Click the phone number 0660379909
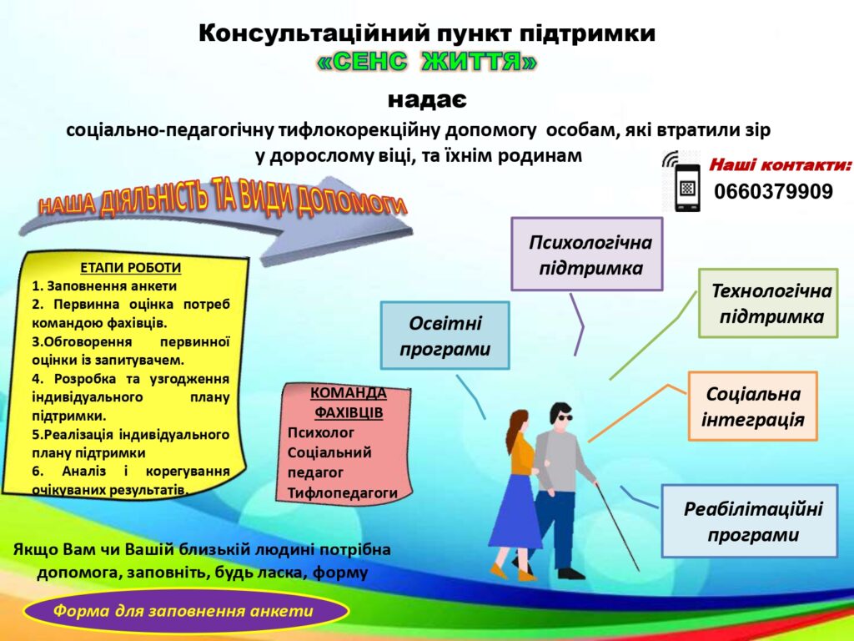pyautogui.click(x=773, y=192)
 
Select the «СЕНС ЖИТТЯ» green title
pyautogui.click(x=426, y=62)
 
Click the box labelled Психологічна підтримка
pyautogui.click(x=586, y=254)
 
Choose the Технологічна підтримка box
pyautogui.click(x=768, y=303)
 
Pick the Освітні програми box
pyautogui.click(x=445, y=336)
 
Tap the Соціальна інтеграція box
pyautogui.click(x=753, y=406)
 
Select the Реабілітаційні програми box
pyautogui.click(x=750, y=521)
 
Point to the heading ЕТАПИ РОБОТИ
pyautogui.click(x=131, y=268)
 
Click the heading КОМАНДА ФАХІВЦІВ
pyautogui.click(x=349, y=402)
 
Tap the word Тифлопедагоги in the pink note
pyautogui.click(x=343, y=492)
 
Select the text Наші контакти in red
pyautogui.click(x=780, y=164)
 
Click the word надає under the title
pyautogui.click(x=427, y=100)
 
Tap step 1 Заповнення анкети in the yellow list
pyautogui.click(x=104, y=286)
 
